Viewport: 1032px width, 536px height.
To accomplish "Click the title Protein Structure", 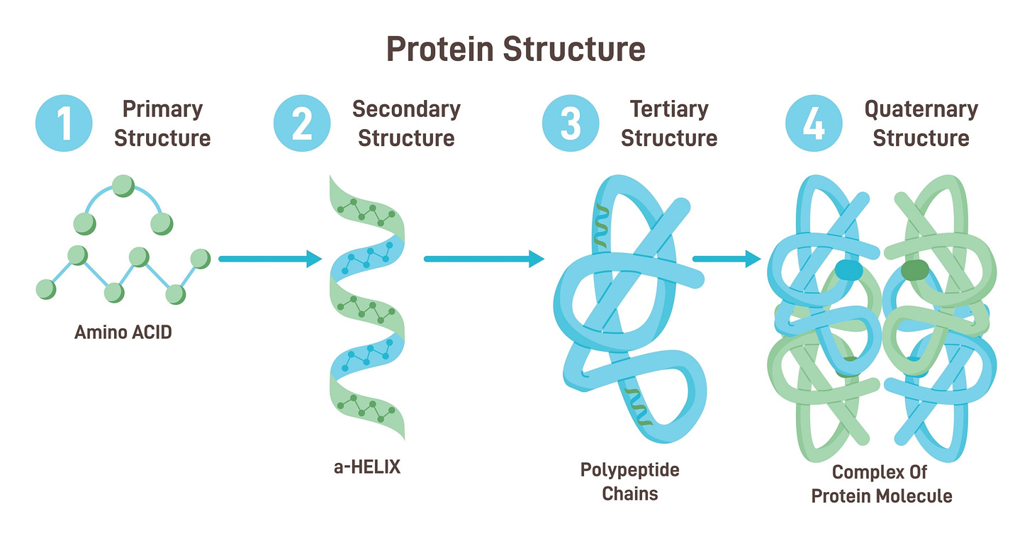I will (515, 50).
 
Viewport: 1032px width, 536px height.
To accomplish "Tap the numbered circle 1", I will (64, 123).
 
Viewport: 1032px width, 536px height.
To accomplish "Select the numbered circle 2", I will (302, 123).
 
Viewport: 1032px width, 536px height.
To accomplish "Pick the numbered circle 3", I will (571, 123).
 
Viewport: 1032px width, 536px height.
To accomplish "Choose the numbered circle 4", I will (814, 123).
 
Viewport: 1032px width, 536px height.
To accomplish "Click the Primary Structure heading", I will (162, 123).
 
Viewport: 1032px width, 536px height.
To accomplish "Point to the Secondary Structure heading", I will (406, 123).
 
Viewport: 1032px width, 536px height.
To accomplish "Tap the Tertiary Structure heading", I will (668, 123).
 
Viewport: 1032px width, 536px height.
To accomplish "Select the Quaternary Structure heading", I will (921, 123).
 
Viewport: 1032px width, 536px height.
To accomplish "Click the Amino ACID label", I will (123, 332).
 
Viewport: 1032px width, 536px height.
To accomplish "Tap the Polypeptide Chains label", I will (629, 481).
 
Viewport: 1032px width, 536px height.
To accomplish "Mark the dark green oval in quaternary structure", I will (914, 269).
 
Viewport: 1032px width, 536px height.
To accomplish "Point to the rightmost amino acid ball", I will (201, 259).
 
